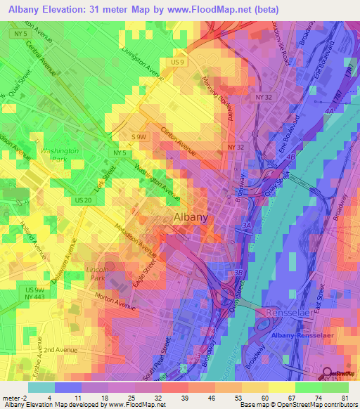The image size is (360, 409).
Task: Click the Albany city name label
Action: pos(191,217)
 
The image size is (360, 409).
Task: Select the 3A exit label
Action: pos(246,226)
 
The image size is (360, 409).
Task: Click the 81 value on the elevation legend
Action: pos(345,397)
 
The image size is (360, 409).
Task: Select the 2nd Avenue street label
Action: pos(58,349)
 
